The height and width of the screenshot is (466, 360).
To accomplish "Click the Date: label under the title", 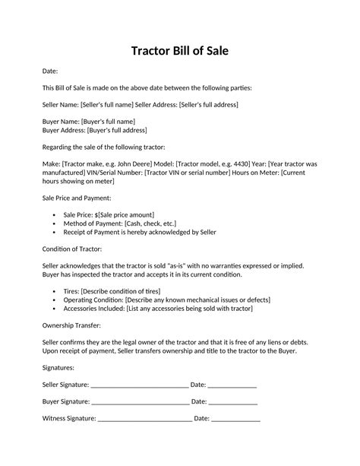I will click(x=49, y=71).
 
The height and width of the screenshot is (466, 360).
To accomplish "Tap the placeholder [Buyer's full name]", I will click(x=108, y=121).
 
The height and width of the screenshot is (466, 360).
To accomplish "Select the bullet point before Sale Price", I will click(x=54, y=214).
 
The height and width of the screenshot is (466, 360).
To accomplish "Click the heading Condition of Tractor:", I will click(x=73, y=249).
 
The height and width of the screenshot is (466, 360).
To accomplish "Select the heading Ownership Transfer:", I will click(x=73, y=325).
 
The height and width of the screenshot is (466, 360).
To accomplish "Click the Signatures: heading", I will click(x=58, y=367).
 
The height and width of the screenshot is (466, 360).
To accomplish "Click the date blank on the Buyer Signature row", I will click(x=232, y=401).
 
